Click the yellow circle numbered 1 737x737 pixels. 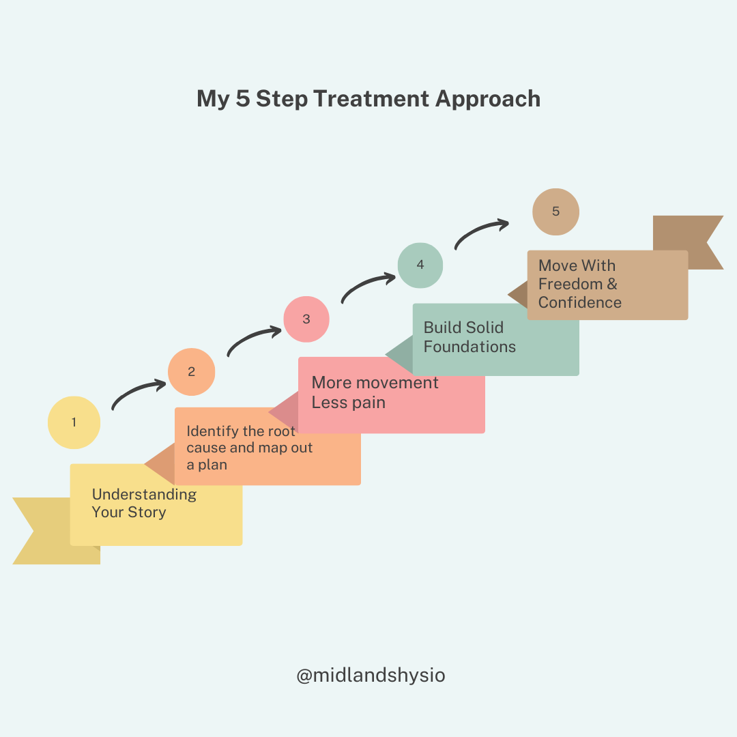tap(74, 422)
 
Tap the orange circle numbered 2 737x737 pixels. tap(192, 372)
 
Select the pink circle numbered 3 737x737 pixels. tap(306, 319)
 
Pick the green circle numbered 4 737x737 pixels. tap(420, 265)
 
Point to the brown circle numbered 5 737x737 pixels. tap(555, 212)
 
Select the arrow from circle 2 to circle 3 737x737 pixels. tap(253, 340)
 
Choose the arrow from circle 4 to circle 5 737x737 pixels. tap(482, 232)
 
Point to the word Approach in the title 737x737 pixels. tap(488, 99)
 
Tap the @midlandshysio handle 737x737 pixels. tap(371, 676)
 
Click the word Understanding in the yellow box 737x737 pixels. tap(144, 495)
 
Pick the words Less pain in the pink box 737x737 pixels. tap(348, 403)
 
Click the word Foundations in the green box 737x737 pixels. tap(469, 347)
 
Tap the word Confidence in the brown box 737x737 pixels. tap(579, 302)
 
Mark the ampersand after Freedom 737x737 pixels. tap(611, 284)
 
